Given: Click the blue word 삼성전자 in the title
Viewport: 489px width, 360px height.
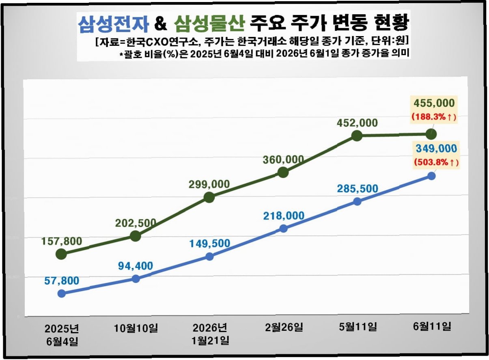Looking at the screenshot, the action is [114, 24].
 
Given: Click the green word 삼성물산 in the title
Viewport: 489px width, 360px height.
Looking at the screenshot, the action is [209, 24].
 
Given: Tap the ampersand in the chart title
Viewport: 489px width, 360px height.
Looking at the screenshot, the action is [160, 24].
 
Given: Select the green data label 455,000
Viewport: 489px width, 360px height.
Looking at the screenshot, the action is [434, 103].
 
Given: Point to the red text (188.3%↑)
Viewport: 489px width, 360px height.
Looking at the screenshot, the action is [434, 117].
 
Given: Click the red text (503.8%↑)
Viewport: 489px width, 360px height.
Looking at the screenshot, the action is [436, 162].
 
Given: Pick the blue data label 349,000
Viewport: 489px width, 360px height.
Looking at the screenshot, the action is [436, 149].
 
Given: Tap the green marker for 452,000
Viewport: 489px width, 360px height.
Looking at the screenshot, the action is [357, 136].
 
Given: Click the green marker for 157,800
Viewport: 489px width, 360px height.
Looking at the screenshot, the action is [61, 254].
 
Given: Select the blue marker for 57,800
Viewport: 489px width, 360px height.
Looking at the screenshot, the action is [62, 293].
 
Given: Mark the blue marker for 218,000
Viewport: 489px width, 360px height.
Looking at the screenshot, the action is [283, 229].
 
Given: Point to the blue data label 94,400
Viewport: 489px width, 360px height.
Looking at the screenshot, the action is [136, 266].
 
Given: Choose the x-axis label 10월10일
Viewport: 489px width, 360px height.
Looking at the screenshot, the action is [136, 328].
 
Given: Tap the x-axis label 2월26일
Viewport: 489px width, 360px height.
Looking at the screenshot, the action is [284, 328].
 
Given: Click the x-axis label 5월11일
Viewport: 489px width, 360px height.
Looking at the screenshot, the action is [358, 327].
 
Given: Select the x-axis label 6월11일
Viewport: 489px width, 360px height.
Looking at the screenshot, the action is [432, 327].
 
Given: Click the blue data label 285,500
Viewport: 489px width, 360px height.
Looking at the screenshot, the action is [358, 189].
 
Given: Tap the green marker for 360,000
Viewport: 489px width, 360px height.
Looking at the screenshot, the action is [283, 172].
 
